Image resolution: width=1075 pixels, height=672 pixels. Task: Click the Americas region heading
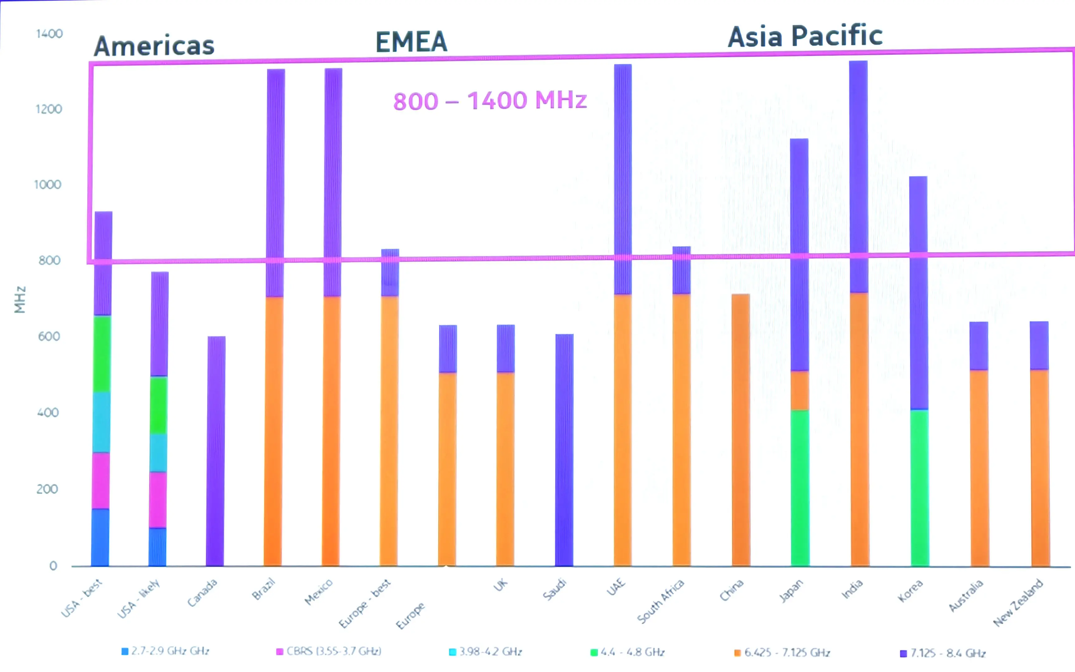click(154, 46)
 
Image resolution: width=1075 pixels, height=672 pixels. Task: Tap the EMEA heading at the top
click(411, 42)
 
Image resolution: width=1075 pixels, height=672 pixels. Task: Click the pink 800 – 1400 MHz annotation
click(490, 101)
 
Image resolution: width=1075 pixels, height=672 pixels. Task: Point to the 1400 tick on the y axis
click(49, 34)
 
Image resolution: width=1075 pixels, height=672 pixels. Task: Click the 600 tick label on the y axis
click(49, 336)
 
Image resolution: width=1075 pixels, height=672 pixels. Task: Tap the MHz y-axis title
click(20, 300)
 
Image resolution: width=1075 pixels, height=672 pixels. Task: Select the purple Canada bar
click(216, 451)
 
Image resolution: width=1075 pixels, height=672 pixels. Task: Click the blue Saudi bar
click(564, 450)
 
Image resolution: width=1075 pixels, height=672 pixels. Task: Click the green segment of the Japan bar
click(800, 488)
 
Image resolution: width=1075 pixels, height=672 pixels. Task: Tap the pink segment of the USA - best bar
click(101, 480)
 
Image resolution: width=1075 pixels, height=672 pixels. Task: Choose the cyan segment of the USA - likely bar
click(158, 452)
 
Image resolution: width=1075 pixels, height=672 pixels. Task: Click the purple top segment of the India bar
click(858, 177)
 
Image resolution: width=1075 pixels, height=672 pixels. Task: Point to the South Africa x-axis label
click(661, 601)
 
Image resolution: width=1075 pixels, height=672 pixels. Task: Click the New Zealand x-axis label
click(1018, 602)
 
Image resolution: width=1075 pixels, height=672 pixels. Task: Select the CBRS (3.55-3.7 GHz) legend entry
click(329, 651)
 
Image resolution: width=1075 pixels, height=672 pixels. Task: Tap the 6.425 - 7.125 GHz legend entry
click(782, 652)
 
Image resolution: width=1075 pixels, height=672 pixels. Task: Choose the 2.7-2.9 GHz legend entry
click(165, 651)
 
